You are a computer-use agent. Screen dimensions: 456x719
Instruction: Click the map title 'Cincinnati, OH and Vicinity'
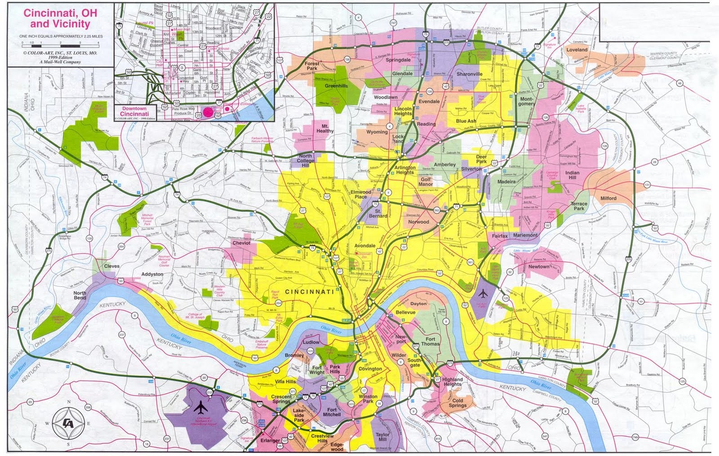coord(57,18)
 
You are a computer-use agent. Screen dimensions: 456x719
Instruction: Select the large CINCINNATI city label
coord(309,292)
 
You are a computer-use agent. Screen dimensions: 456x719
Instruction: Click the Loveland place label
coord(577,49)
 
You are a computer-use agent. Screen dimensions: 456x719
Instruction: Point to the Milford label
coord(608,198)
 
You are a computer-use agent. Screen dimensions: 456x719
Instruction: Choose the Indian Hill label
coord(572,176)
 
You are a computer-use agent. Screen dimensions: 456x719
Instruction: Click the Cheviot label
coord(241,243)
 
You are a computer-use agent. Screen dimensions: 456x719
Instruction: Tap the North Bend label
coord(80,295)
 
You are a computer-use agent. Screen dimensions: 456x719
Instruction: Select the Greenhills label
coord(336,86)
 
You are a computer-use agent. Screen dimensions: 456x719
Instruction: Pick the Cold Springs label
coord(457,403)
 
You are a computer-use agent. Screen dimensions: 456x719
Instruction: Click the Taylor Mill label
coord(383,438)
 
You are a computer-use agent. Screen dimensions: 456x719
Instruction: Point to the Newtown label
coord(539,266)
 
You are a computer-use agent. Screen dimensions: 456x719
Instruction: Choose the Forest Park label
coord(312,66)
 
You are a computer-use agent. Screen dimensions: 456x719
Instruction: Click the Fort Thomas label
coord(431,341)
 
